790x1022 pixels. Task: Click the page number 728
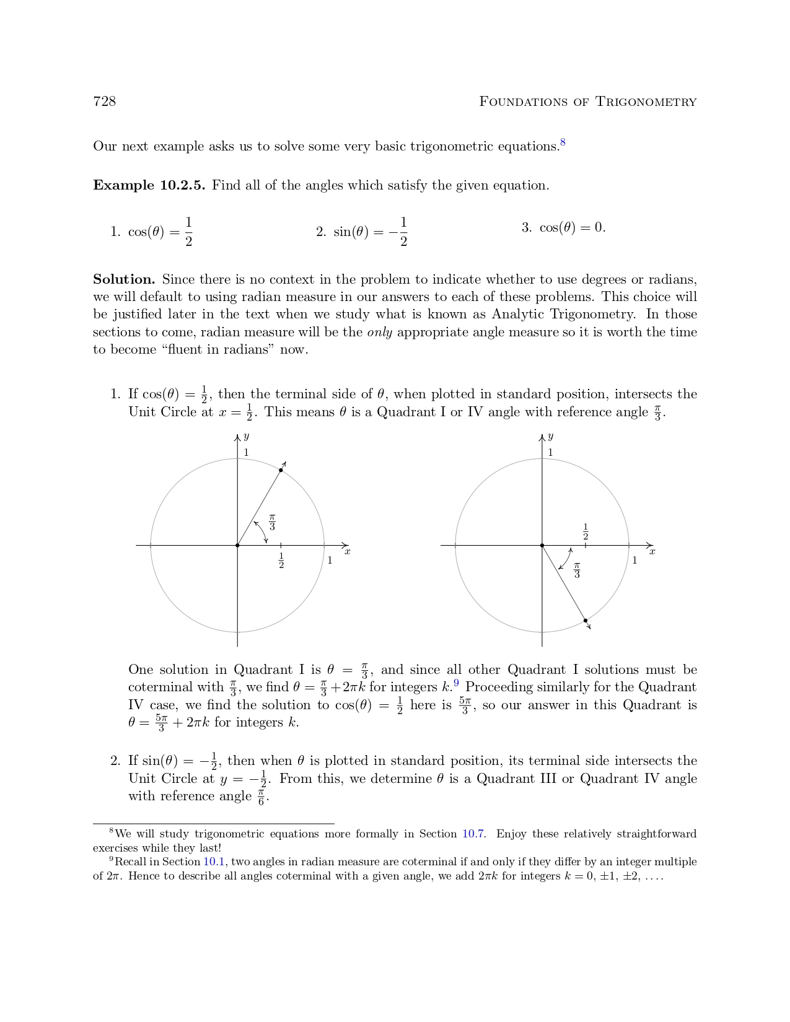(104, 102)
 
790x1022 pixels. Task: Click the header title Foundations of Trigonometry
(587, 102)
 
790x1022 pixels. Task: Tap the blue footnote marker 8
(563, 143)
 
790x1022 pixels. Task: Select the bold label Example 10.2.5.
(149, 185)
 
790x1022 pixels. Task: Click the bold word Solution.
(124, 279)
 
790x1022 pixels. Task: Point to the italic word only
(379, 332)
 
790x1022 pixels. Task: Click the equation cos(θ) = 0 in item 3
(572, 227)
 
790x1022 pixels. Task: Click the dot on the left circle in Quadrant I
(281, 470)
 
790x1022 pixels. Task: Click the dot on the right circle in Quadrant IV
(586, 620)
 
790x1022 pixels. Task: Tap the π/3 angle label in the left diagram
(272, 522)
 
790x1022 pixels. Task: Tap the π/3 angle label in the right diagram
(577, 570)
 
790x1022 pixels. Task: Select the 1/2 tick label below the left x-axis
(281, 561)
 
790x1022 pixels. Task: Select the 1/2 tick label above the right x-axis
(586, 531)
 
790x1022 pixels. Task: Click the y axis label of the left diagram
(246, 437)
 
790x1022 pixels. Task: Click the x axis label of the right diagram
(652, 551)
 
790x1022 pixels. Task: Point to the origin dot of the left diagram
(237, 545)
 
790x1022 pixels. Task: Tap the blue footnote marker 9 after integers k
(456, 683)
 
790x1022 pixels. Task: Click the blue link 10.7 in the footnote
(473, 834)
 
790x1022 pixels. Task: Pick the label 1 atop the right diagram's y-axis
(550, 453)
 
